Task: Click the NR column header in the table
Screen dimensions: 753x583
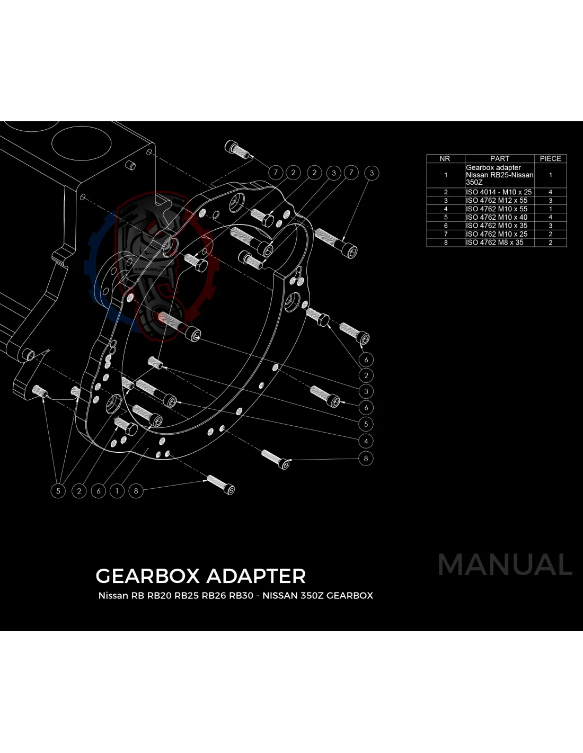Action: [445, 158]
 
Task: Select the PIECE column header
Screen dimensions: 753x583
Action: [550, 158]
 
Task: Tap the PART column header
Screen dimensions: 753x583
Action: [499, 158]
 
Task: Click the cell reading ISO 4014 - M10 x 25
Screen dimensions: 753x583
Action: [499, 192]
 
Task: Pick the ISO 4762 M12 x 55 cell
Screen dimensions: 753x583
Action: [497, 201]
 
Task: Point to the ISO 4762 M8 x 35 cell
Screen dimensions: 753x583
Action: [494, 243]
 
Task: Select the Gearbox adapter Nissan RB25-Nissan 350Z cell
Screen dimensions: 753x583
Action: [499, 175]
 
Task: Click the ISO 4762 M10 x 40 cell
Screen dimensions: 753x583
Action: [497, 217]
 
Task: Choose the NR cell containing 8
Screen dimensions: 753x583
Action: [446, 243]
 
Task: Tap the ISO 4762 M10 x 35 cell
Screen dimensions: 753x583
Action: [497, 226]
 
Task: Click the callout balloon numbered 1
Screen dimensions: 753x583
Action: [117, 491]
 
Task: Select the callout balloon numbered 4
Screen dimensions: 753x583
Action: [366, 441]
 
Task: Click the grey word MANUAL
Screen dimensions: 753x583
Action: [505, 565]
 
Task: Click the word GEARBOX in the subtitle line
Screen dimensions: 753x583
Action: [350, 596]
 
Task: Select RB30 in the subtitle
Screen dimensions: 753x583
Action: [241, 596]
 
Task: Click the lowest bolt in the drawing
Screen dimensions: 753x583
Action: [220, 485]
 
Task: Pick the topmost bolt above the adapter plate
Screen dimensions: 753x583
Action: [237, 149]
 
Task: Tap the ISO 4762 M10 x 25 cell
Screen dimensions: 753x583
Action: [497, 234]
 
